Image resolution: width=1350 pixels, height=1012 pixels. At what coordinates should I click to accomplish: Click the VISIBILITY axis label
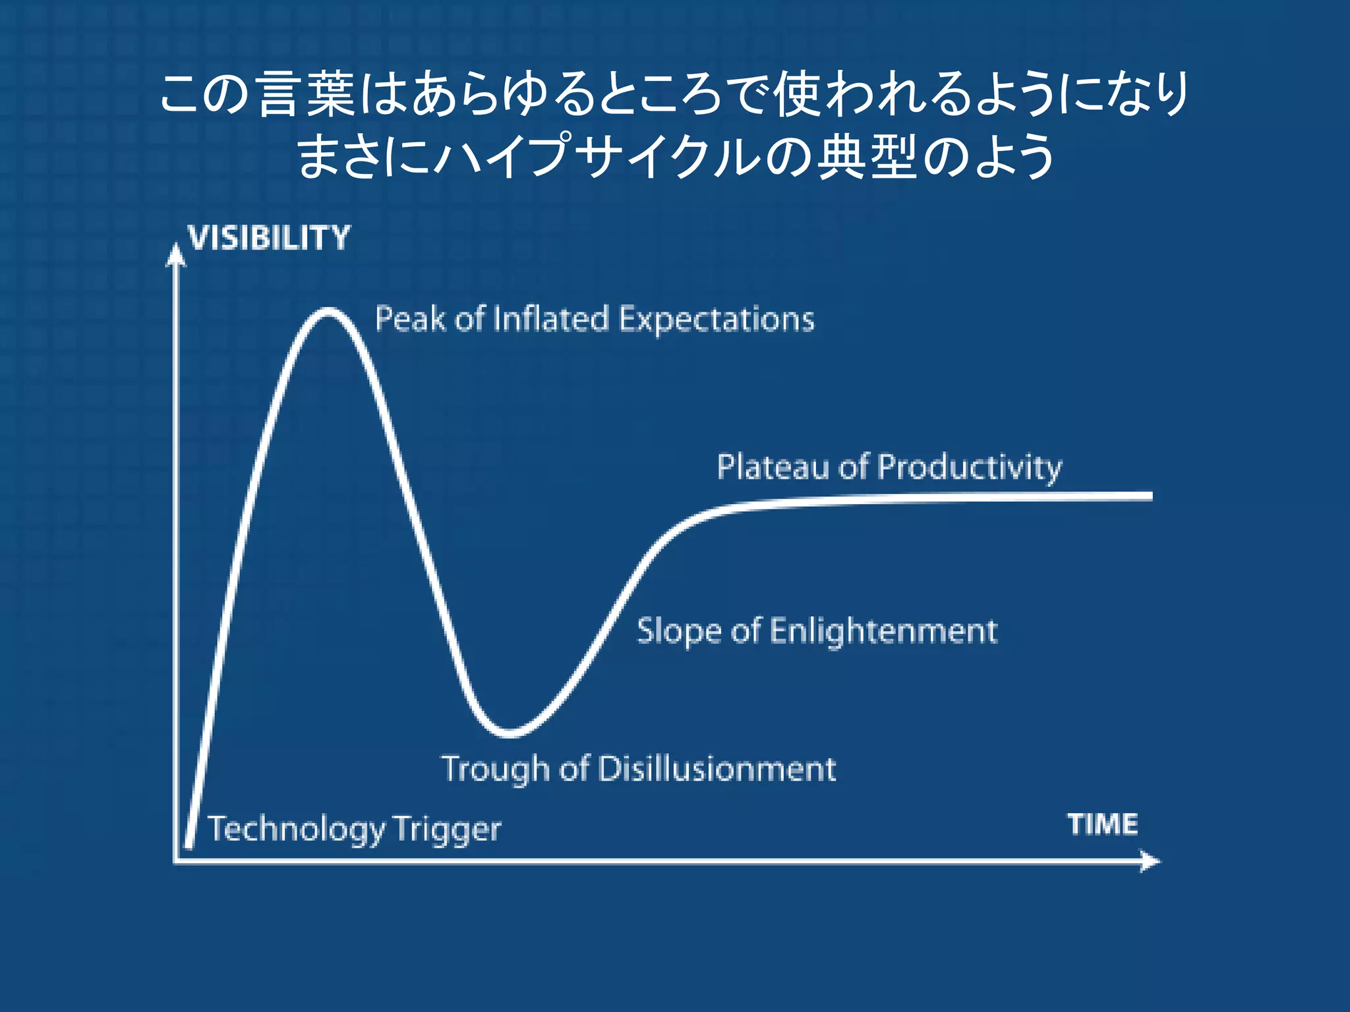pyautogui.click(x=269, y=238)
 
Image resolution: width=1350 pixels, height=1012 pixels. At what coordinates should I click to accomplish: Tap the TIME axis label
pyautogui.click(x=1102, y=824)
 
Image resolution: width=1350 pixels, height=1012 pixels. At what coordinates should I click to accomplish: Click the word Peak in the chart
pyautogui.click(x=409, y=319)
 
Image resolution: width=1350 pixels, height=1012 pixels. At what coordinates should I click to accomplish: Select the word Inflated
pyautogui.click(x=550, y=319)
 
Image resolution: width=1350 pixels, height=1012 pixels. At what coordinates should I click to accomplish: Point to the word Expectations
pyautogui.click(x=717, y=320)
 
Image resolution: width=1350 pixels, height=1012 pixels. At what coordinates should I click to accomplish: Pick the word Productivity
pyautogui.click(x=970, y=468)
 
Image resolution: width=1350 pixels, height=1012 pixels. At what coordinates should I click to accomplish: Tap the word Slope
pyautogui.click(x=680, y=631)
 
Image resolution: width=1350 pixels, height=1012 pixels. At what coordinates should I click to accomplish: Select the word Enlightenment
pyautogui.click(x=883, y=631)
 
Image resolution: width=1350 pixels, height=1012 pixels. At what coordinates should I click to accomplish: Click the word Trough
pyautogui.click(x=495, y=770)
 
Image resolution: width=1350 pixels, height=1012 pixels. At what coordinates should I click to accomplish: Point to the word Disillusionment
pyautogui.click(x=717, y=769)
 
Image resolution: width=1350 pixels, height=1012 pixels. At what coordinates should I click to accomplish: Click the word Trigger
pyautogui.click(x=448, y=829)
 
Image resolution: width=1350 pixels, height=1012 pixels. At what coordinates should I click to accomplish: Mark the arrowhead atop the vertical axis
pyautogui.click(x=175, y=255)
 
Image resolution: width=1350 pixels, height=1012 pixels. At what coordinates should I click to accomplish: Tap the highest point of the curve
pyautogui.click(x=328, y=311)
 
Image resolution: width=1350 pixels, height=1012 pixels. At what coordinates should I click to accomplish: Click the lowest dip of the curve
pyautogui.click(x=510, y=732)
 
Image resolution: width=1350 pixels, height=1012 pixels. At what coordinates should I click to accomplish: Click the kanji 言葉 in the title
pyautogui.click(x=307, y=94)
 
